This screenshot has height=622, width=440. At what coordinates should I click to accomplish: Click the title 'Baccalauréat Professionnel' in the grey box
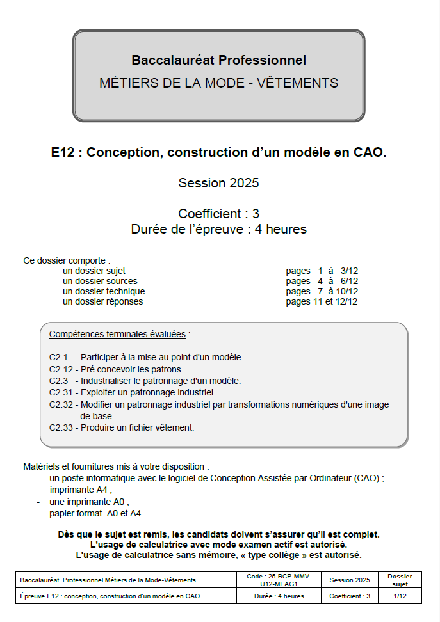(218, 60)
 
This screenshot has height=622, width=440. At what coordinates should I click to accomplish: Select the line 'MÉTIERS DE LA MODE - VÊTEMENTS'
(218, 83)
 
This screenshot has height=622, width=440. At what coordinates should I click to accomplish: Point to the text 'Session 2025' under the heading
(218, 183)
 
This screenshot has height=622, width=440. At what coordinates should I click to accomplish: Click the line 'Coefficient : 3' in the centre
(218, 214)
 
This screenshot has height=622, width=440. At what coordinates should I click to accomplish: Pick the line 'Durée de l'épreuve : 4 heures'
(218, 229)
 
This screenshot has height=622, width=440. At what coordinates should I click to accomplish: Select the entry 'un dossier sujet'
(94, 271)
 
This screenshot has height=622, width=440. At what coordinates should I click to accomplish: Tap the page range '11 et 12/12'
(334, 301)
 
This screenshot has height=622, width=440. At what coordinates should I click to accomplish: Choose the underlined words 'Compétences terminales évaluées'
(117, 334)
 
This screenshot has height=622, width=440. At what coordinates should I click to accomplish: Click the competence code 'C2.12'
(61, 369)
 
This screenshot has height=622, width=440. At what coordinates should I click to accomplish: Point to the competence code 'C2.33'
(61, 427)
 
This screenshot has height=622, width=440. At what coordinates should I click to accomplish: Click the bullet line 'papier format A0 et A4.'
(97, 513)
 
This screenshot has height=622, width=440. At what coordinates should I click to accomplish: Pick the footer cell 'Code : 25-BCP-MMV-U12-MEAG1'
(277, 580)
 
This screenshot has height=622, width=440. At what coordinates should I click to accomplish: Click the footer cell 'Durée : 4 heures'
(277, 596)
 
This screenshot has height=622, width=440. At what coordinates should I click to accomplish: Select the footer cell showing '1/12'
(400, 596)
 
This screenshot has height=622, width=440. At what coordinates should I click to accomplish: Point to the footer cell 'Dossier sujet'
(400, 580)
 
